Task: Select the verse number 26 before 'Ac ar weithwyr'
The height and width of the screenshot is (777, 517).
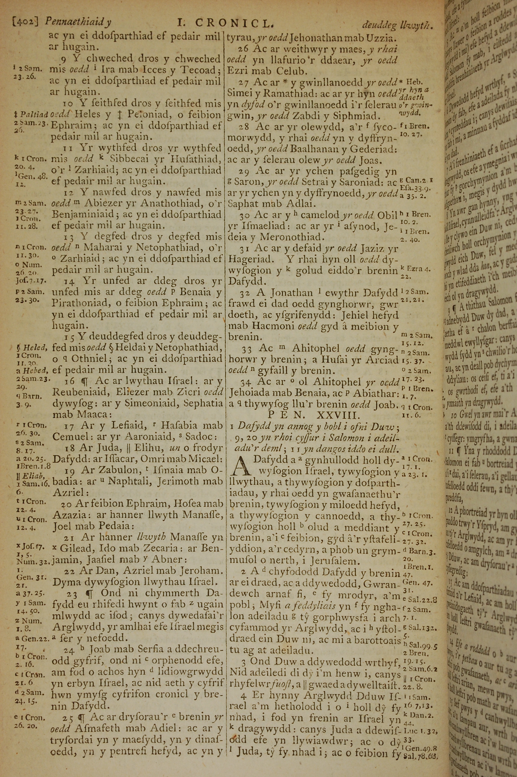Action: click(x=243, y=49)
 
